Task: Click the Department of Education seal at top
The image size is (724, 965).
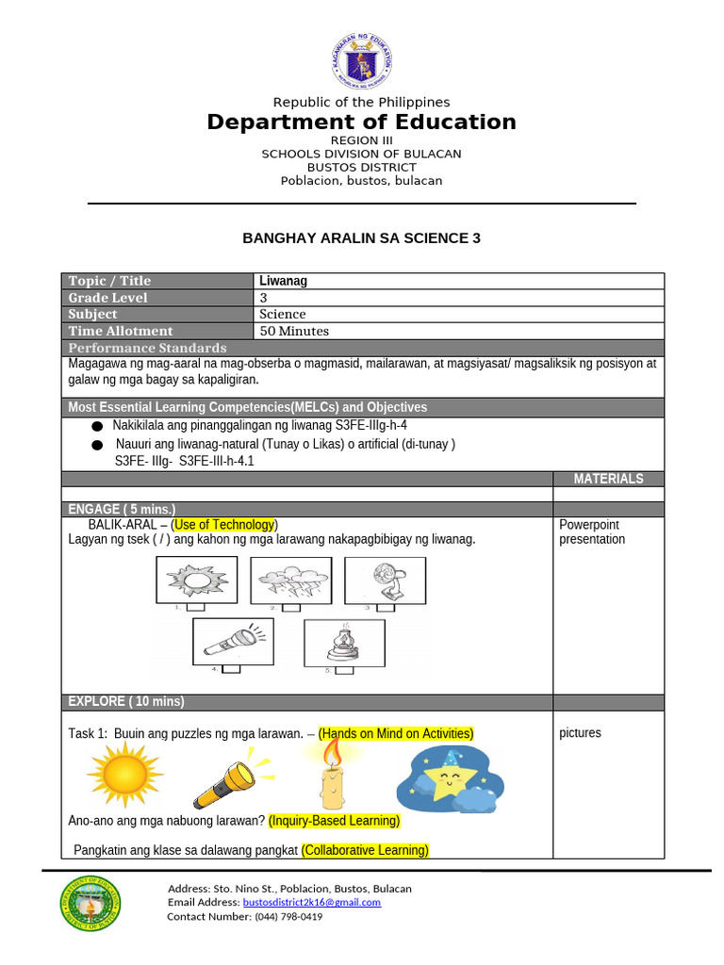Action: (x=362, y=59)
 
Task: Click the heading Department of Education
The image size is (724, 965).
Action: (x=362, y=123)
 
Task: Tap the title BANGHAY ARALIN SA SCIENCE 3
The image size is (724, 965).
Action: (x=362, y=238)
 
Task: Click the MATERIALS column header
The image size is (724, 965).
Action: (x=608, y=479)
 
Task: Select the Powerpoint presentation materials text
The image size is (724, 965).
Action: (x=592, y=532)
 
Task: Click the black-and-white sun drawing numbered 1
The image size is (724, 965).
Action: (x=197, y=579)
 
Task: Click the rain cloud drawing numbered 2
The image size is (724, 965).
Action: (x=290, y=579)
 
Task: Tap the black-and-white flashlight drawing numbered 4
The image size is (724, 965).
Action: (x=233, y=640)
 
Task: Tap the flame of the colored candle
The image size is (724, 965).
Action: (x=331, y=753)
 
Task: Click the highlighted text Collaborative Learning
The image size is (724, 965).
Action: (x=365, y=850)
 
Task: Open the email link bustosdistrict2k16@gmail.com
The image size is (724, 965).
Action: (x=312, y=902)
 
